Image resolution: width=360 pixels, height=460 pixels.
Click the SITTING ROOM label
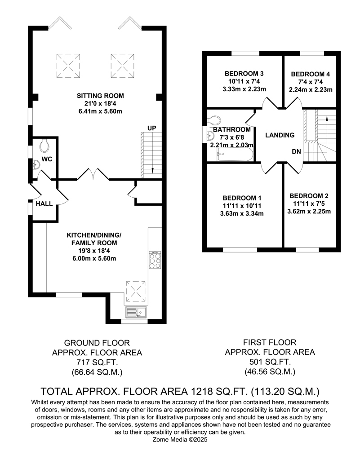pyautogui.click(x=100, y=96)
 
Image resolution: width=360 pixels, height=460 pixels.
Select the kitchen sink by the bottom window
pyautogui.click(x=136, y=312)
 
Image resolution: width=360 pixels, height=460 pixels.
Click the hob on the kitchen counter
pyautogui.click(x=155, y=260)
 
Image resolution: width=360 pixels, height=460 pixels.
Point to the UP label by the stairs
pyautogui.click(x=152, y=128)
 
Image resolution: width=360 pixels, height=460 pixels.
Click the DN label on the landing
pyautogui.click(x=296, y=151)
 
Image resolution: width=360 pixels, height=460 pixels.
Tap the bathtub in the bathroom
pyautogui.click(x=235, y=154)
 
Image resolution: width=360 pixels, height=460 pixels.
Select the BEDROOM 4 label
pyautogui.click(x=311, y=74)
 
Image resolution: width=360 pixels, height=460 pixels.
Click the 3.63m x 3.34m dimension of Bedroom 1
pyautogui.click(x=242, y=213)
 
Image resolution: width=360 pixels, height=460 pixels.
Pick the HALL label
pyautogui.click(x=44, y=203)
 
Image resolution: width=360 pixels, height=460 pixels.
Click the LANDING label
pyautogui.click(x=280, y=135)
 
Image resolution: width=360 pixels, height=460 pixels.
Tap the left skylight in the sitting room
pyautogui.click(x=68, y=66)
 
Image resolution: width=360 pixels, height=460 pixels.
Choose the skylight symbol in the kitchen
pyautogui.click(x=136, y=291)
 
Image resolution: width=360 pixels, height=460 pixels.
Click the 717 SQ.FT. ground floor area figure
pyautogui.click(x=97, y=363)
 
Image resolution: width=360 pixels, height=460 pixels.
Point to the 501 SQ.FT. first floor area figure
pyautogui.click(x=270, y=362)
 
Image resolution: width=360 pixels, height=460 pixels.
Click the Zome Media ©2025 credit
pyautogui.click(x=180, y=439)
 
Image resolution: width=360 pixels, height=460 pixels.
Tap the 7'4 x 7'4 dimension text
pyautogui.click(x=311, y=82)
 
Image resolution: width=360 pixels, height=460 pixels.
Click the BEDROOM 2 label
pyautogui.click(x=309, y=196)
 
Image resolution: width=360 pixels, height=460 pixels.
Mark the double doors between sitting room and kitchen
pyautogui.click(x=93, y=174)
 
